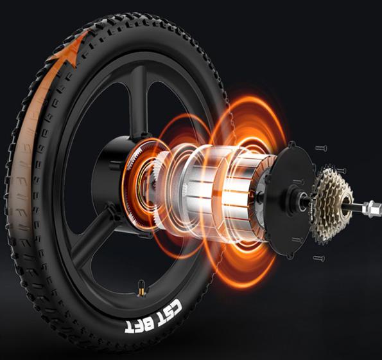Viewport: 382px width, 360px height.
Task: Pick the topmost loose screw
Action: point(320,148)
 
